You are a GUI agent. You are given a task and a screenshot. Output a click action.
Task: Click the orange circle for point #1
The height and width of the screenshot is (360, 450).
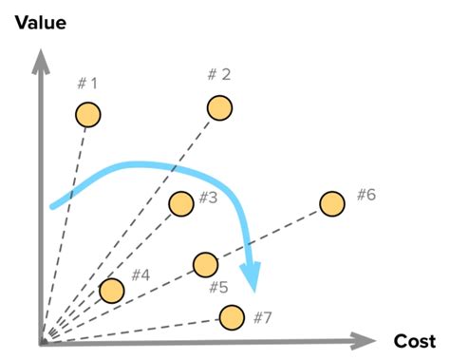[x=87, y=114]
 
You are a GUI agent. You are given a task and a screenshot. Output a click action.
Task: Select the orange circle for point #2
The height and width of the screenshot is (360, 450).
[x=219, y=107]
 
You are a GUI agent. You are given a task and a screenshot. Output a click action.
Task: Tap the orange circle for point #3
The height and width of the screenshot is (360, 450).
[x=179, y=202]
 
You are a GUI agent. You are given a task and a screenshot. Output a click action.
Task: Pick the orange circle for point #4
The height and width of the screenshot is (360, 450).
[x=111, y=290]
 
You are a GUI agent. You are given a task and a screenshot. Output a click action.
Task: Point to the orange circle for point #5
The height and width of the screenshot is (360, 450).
[x=205, y=263]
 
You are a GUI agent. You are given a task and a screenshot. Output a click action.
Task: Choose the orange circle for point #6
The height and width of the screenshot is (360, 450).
[x=331, y=203]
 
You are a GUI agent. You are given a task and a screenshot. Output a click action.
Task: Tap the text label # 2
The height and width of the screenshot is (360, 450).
[x=219, y=75]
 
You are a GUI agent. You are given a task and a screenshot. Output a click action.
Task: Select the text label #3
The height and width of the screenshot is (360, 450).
[x=209, y=199]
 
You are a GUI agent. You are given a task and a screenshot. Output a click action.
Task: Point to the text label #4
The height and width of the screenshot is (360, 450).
[x=141, y=275]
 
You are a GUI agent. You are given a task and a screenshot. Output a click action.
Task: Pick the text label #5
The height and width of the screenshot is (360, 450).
[x=217, y=287]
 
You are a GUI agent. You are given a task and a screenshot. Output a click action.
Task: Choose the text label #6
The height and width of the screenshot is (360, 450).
[x=366, y=195]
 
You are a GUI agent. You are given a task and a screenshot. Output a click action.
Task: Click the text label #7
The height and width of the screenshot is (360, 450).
[x=262, y=316]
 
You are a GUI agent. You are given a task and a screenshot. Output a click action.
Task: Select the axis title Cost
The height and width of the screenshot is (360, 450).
[x=414, y=340]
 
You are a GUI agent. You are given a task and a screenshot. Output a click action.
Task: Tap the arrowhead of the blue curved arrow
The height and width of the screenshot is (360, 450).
[x=251, y=279]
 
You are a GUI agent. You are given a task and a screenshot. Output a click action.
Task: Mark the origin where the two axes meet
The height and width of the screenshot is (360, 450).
[x=42, y=341]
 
